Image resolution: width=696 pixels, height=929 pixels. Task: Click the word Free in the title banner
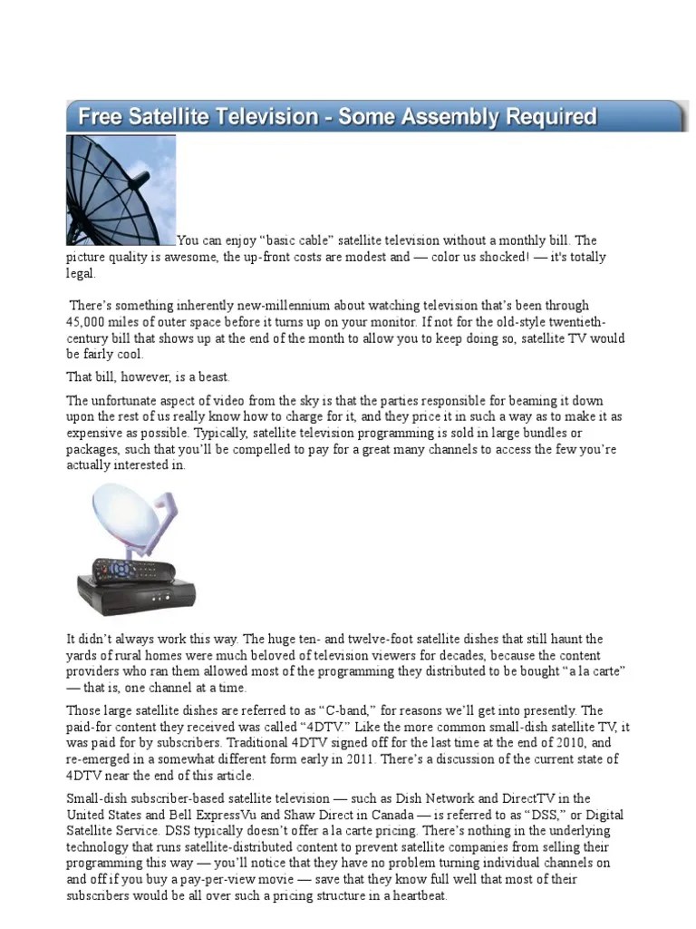pyautogui.click(x=100, y=117)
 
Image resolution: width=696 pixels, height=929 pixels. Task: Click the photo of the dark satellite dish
pyautogui.click(x=121, y=190)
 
